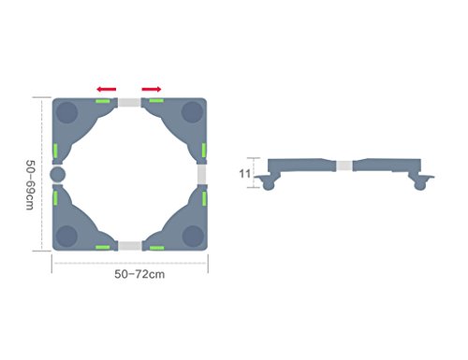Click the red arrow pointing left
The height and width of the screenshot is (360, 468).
107,90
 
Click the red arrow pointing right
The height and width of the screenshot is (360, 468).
152,90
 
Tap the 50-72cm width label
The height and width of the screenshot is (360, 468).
139,274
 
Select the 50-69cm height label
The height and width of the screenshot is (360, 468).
30,185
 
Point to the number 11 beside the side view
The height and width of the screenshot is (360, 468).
245,174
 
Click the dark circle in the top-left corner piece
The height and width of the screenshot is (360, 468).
66,112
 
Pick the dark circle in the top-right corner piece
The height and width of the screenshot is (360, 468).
193,112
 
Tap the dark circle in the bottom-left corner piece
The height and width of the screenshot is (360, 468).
66,236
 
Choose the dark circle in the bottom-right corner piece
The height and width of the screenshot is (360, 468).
193,236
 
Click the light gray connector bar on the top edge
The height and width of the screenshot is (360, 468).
129,102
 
